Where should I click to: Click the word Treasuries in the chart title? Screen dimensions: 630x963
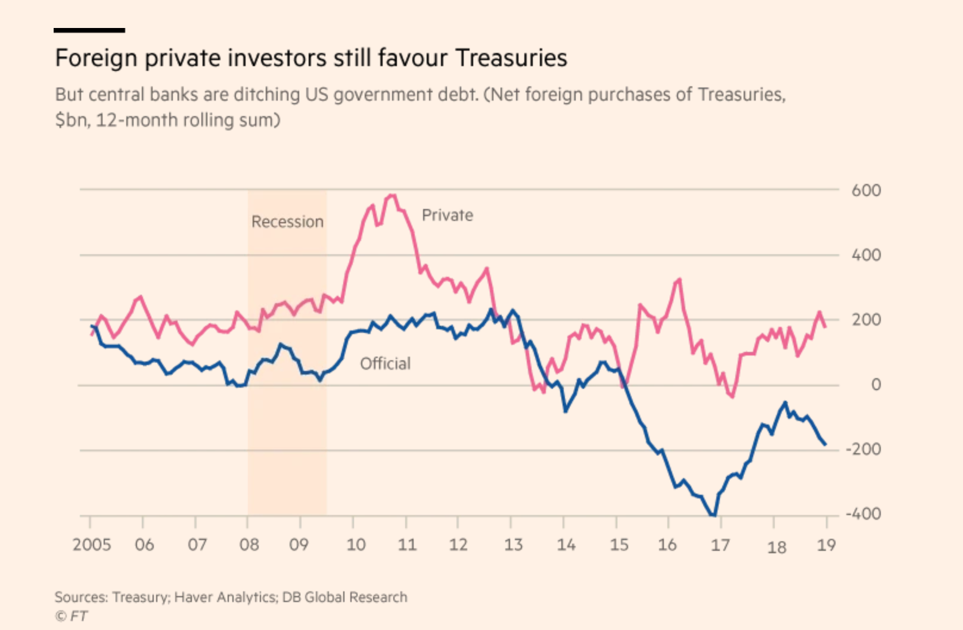(x=511, y=58)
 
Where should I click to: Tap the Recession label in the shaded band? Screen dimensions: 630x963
(x=287, y=222)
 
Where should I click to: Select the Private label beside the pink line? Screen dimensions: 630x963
(x=448, y=215)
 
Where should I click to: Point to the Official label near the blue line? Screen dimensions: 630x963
(x=385, y=363)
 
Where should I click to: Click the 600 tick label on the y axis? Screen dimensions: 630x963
(x=866, y=191)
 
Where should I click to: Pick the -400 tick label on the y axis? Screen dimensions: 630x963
(x=863, y=513)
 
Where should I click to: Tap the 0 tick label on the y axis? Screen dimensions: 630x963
(x=875, y=385)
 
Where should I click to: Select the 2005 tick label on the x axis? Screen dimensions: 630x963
(x=92, y=544)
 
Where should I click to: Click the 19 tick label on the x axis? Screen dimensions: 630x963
(x=826, y=544)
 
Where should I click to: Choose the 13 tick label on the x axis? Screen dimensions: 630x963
(x=513, y=544)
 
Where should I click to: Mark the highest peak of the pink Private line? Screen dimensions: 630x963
(x=392, y=195)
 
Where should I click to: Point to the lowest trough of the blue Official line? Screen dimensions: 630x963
(x=713, y=515)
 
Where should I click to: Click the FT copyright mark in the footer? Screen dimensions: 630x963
(x=72, y=616)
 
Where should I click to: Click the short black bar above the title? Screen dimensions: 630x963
(x=89, y=30)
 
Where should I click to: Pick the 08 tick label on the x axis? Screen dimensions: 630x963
(x=249, y=544)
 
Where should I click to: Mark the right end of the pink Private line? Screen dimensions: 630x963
(x=825, y=326)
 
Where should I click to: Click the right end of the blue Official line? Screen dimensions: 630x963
(x=825, y=444)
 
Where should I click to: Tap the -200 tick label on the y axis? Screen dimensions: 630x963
(x=863, y=449)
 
